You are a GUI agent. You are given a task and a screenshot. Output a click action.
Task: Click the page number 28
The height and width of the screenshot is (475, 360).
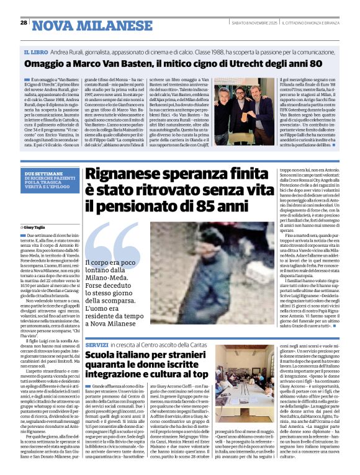tap(24, 22)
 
